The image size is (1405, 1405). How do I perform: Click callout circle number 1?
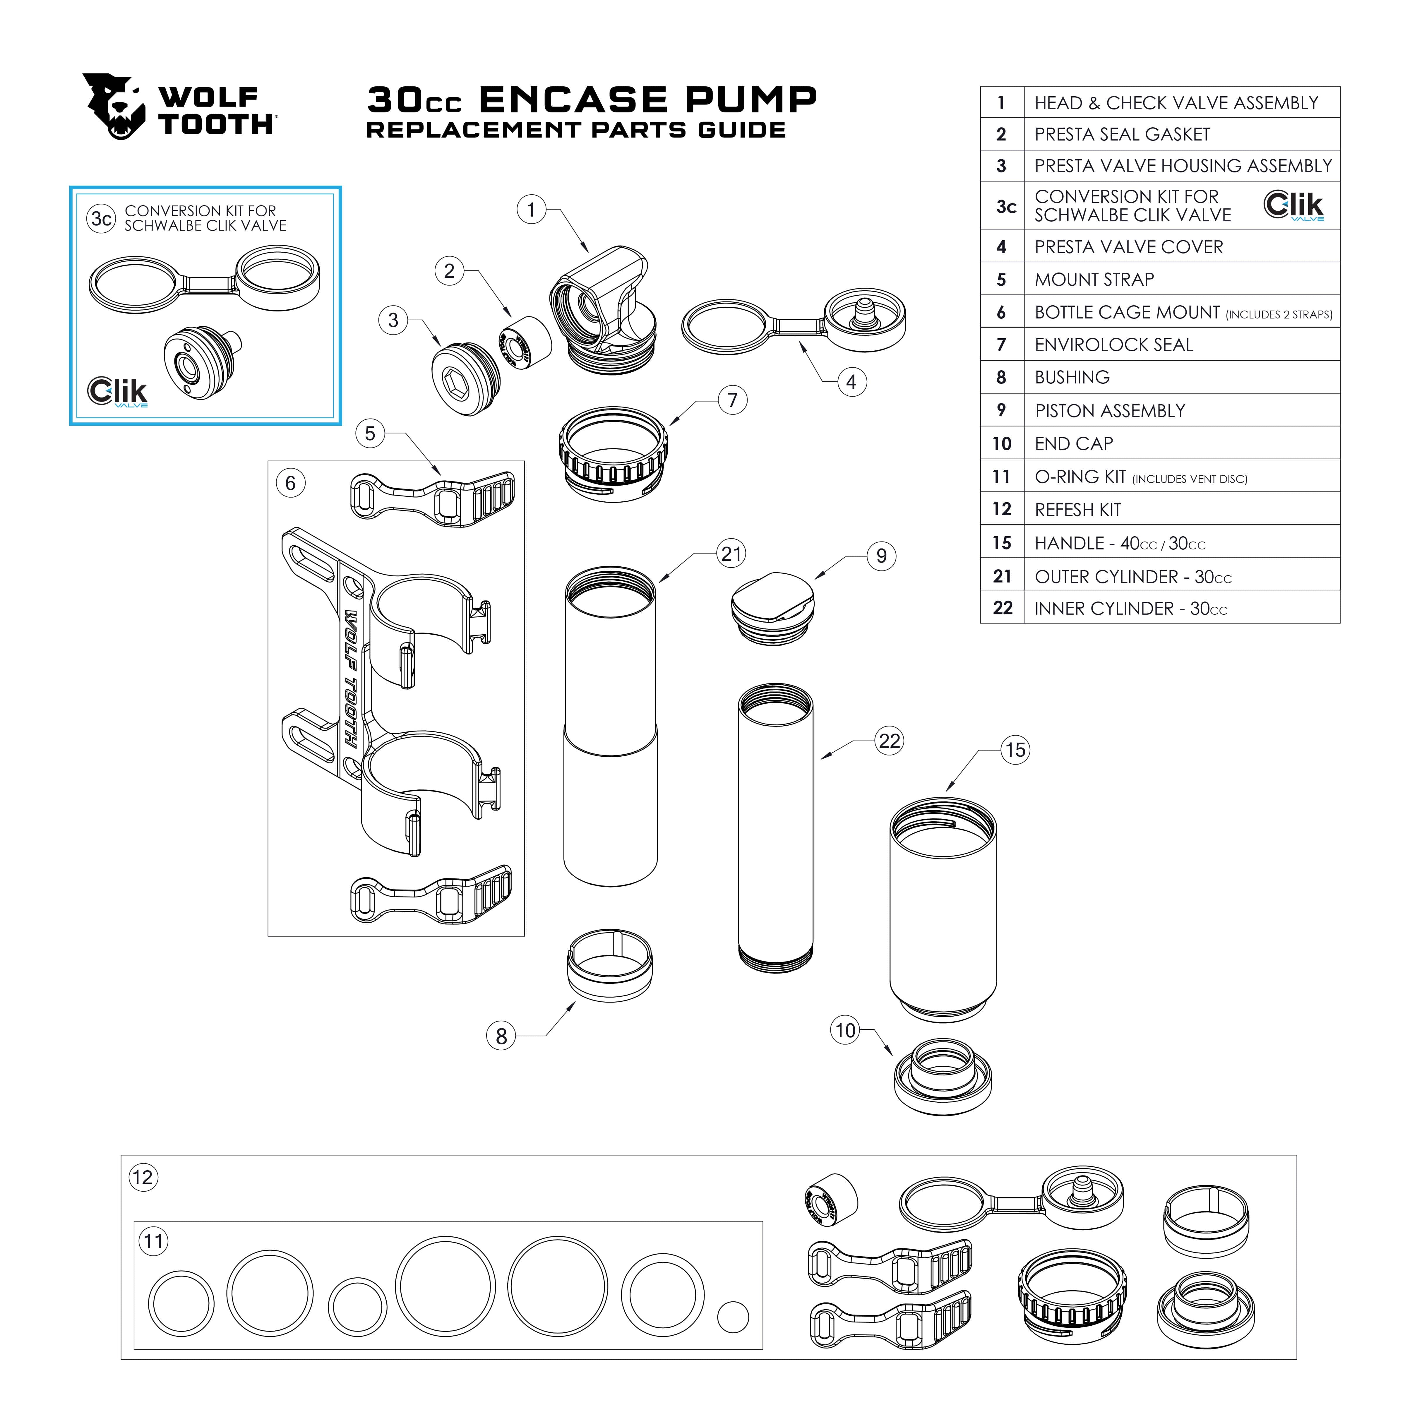[x=532, y=210]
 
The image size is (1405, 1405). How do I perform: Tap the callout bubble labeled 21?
[x=731, y=554]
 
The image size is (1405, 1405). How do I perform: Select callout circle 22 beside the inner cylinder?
[x=890, y=741]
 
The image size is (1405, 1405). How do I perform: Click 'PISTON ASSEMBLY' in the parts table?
[x=1110, y=411]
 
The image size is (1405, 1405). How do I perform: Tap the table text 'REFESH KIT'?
[x=1078, y=510]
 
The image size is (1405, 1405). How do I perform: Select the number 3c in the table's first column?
[x=1006, y=207]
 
